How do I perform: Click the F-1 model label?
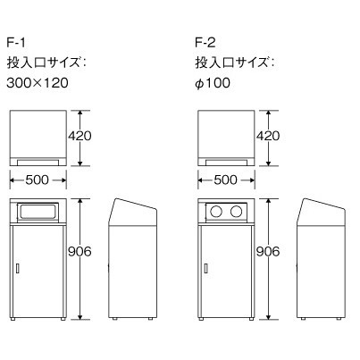pyautogui.click(x=16, y=43)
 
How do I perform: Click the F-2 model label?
pyautogui.click(x=205, y=43)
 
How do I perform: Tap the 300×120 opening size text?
pyautogui.click(x=38, y=83)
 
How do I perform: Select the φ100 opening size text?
pyautogui.click(x=213, y=83)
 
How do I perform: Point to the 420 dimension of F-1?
pyautogui.click(x=80, y=136)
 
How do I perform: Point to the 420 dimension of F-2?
pyautogui.click(x=268, y=136)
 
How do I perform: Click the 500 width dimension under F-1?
pyautogui.click(x=37, y=180)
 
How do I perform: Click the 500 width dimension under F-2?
pyautogui.click(x=225, y=180)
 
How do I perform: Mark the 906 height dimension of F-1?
pyautogui.click(x=80, y=252)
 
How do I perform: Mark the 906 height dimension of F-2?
pyautogui.click(x=268, y=252)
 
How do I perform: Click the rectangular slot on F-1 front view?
pyautogui.click(x=38, y=212)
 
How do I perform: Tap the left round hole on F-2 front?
pyautogui.click(x=216, y=212)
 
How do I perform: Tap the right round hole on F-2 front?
pyautogui.click(x=237, y=212)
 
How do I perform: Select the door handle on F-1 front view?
pyautogui.click(x=18, y=269)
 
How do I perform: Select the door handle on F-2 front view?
pyautogui.click(x=205, y=269)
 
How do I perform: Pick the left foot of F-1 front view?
pyautogui.click(x=13, y=319)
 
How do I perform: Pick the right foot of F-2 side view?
pyautogui.click(x=339, y=319)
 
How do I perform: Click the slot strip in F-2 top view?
pyautogui.click(x=226, y=163)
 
